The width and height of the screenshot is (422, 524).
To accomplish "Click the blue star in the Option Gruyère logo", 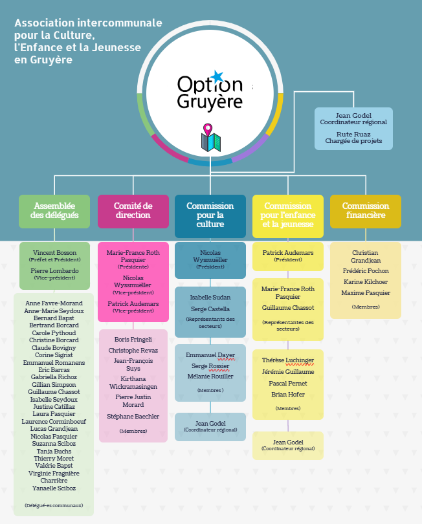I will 217,77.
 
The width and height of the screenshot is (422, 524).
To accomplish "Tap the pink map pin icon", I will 208,129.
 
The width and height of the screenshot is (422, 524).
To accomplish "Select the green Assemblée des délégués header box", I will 54,211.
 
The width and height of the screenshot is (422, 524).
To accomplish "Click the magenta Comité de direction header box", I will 133,211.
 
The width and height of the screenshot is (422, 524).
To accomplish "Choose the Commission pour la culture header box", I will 210,215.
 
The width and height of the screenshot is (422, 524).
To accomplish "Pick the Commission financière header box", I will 365,211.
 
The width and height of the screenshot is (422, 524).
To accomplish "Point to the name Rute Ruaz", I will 353,134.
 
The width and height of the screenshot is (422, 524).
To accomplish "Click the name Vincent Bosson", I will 54,252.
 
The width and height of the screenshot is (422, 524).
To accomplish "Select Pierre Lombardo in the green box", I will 54,271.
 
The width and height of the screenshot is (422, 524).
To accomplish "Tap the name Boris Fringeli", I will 133,339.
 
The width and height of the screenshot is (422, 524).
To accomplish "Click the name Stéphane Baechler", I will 133,417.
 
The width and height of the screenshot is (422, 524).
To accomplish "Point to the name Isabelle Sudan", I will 210,298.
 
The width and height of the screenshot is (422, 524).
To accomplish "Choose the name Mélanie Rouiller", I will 210,376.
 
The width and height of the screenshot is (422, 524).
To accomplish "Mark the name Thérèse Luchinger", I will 287,360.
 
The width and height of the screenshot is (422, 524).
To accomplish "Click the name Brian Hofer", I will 287,394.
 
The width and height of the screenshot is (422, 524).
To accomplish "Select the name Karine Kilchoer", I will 365,282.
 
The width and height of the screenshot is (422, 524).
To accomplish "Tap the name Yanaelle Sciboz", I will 54,488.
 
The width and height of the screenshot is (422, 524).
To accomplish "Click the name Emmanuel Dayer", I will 210,355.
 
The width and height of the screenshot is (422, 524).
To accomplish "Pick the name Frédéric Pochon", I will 365,271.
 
